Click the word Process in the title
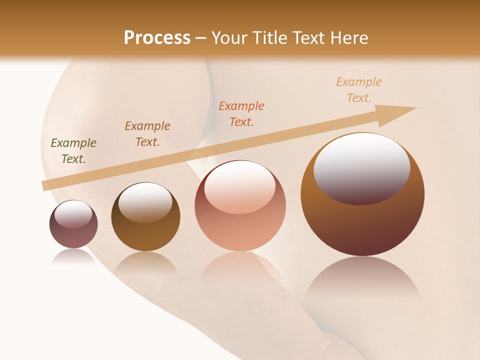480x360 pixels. pyautogui.click(x=157, y=38)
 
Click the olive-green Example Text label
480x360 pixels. pyautogui.click(x=73, y=151)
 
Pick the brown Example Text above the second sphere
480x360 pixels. pyautogui.click(x=147, y=134)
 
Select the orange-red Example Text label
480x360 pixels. pyautogui.click(x=241, y=114)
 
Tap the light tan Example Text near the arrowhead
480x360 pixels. pyautogui.click(x=359, y=90)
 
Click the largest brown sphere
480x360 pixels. pyautogui.click(x=362, y=225)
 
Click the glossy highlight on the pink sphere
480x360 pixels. pyautogui.click(x=239, y=186)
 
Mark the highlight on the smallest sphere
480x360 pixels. pyautogui.click(x=73, y=214)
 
